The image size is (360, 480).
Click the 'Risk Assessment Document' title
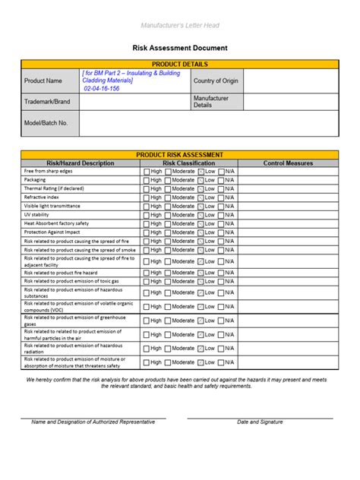pos(180,48)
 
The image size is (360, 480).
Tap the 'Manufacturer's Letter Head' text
pos(180,25)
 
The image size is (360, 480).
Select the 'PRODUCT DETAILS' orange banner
pos(180,65)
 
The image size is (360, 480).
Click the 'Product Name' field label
pos(43,81)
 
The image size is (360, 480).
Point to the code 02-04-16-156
pos(102,88)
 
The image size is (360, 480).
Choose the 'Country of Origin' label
pos(216,81)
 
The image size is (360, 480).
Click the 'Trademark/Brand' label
pos(47,101)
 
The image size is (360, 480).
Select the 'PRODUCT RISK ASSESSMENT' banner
pos(180,154)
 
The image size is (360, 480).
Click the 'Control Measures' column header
pos(288,163)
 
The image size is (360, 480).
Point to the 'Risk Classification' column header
pos(189,163)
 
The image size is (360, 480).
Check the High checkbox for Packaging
pos(147,180)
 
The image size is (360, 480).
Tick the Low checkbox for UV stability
pos(201,214)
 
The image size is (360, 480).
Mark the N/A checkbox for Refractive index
pos(222,197)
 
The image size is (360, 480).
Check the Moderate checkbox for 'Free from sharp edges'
pos(168,172)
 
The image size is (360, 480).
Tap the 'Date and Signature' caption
pos(260,422)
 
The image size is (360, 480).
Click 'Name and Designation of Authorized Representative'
pos(93,422)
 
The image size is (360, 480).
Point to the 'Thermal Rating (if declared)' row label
pos(54,188)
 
